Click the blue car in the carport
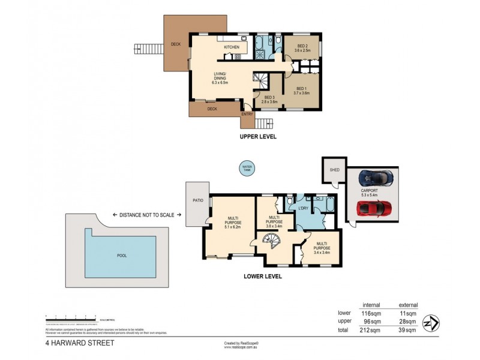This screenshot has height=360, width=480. click(373, 178)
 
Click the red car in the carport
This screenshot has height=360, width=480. click(374, 208)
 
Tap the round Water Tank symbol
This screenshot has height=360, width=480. click(246, 168)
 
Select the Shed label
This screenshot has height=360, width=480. click(334, 170)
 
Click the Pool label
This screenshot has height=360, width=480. click(122, 256)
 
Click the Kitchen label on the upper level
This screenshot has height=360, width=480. click(232, 47)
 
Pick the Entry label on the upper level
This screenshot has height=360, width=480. click(247, 113)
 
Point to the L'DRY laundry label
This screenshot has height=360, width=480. click(303, 208)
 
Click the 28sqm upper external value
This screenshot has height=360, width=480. click(408, 321)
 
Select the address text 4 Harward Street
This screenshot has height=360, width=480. click(71, 344)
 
